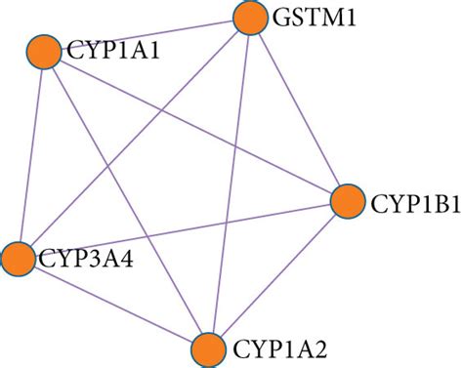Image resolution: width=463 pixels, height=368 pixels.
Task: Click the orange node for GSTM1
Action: [250, 18]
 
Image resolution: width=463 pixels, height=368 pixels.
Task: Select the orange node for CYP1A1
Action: [44, 52]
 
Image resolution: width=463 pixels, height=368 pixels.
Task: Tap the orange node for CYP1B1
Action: [348, 201]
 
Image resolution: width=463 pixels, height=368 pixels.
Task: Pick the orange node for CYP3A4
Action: [18, 259]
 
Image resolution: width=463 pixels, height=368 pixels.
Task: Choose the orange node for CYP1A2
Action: [208, 350]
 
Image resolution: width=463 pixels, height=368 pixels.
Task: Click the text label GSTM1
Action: [314, 18]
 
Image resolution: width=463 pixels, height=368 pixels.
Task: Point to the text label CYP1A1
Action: [113, 51]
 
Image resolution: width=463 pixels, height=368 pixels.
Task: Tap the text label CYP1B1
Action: [416, 204]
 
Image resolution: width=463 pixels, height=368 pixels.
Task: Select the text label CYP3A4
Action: [86, 259]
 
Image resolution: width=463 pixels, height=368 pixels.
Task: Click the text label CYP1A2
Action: [279, 349]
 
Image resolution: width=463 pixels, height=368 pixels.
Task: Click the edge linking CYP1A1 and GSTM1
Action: [147, 35]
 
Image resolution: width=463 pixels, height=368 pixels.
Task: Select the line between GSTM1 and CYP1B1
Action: [299, 109]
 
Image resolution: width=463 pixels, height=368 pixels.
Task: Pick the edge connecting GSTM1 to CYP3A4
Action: [134, 139]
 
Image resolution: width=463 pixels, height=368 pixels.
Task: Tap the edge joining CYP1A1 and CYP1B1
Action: [196, 127]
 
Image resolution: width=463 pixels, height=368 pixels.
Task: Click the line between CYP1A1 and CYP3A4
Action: [31, 155]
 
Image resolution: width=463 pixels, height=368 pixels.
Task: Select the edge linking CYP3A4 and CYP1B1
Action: [183, 230]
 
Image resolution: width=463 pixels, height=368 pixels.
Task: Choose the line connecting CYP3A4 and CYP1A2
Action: [113, 305]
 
